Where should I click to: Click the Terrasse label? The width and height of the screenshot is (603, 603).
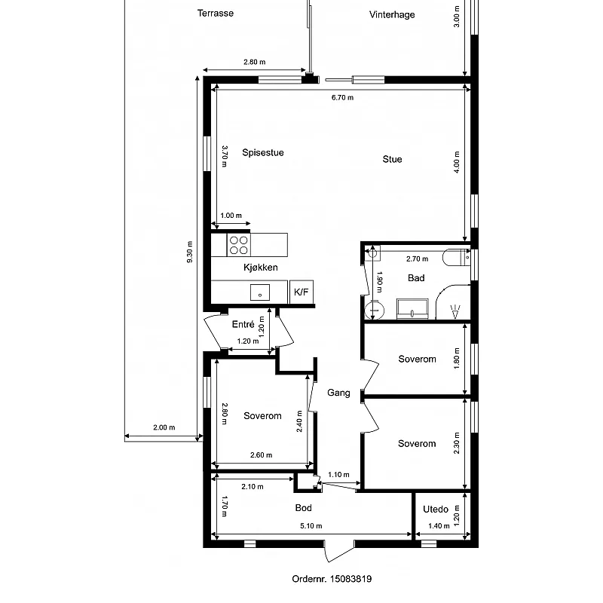click(216, 14)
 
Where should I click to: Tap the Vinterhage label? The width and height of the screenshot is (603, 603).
click(392, 14)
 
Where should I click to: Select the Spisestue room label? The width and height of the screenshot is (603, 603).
click(263, 153)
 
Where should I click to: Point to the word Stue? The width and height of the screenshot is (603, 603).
click(392, 159)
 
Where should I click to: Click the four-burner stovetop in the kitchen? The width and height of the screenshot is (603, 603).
click(238, 246)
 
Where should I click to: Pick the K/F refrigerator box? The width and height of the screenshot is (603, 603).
click(301, 292)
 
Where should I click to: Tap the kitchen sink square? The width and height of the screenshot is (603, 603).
click(260, 292)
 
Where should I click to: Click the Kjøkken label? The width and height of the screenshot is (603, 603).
click(261, 268)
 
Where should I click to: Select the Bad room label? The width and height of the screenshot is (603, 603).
click(416, 278)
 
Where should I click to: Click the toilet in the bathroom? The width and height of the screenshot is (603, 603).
click(456, 258)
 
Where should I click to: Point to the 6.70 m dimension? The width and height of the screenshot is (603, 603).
click(343, 98)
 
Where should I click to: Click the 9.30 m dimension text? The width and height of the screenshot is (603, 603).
click(190, 252)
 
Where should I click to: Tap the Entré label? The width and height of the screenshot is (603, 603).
click(243, 324)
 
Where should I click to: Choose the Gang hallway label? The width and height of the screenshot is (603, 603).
click(338, 393)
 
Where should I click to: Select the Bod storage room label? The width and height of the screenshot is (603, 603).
click(304, 508)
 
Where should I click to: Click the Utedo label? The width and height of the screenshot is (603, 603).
click(436, 510)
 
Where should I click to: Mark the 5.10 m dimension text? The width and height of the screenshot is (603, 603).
click(311, 525)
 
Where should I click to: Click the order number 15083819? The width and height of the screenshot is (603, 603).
click(350, 579)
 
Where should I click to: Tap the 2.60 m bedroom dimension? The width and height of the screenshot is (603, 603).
click(261, 455)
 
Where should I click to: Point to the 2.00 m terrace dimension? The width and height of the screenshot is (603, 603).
click(164, 427)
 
